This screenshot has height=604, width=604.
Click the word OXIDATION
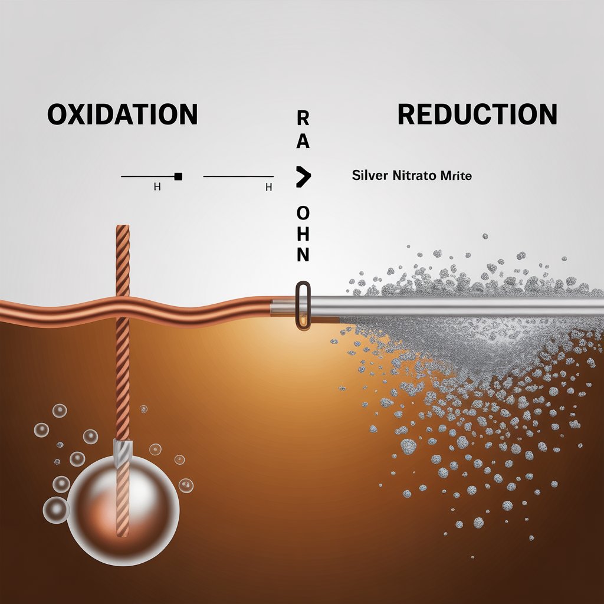122,114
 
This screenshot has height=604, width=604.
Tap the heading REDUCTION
477,114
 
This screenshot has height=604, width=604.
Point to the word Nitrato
413,176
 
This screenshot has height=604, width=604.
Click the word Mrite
456,176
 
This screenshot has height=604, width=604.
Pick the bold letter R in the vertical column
303,118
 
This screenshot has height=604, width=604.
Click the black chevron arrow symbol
303,176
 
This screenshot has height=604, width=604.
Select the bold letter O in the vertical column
303,212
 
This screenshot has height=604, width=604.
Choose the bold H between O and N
303,233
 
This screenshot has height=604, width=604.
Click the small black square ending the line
179,176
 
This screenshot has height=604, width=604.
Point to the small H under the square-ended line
157,188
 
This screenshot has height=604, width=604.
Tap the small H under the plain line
268,188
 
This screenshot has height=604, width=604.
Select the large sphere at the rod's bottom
123,504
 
